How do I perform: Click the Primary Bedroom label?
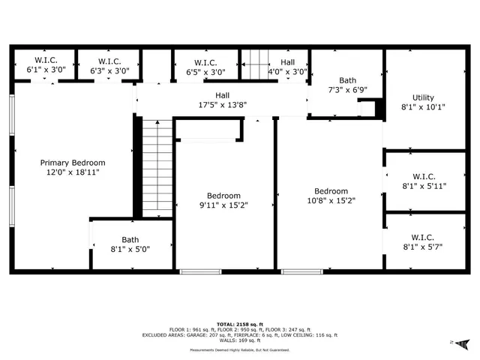point(73,163)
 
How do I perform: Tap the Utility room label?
point(423,97)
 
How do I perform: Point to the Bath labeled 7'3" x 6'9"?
point(347,80)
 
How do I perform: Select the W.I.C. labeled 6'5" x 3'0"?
point(205,62)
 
